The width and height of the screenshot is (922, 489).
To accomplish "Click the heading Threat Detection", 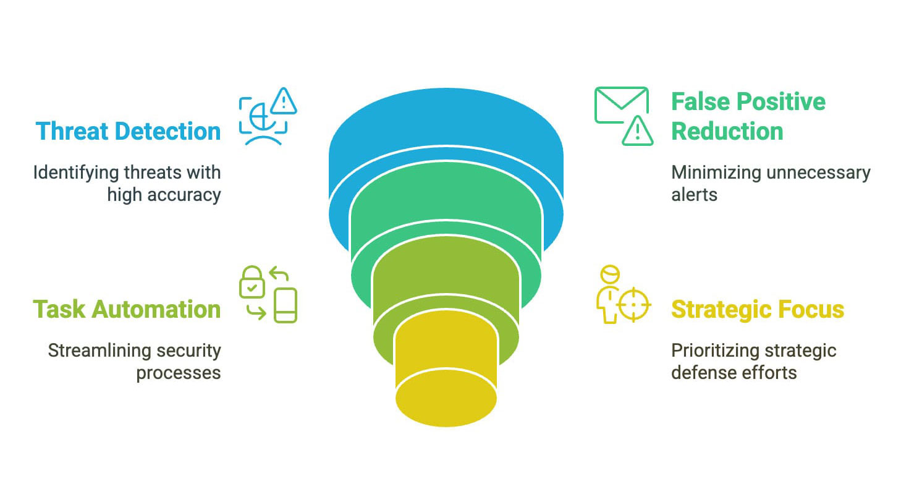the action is [128, 131].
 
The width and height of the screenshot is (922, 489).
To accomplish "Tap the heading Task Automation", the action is [127, 310].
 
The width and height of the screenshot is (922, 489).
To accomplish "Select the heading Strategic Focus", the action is [758, 310].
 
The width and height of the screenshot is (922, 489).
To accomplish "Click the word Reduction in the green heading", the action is [727, 131].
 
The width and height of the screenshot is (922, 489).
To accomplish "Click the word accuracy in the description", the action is [184, 195].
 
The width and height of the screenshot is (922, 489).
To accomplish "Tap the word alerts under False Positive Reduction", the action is [694, 195].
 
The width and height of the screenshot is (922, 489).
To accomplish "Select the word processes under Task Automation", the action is [179, 373].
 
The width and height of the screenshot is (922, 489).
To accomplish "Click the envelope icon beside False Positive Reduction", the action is [622, 105].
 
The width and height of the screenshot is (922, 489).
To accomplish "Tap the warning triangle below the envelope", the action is [637, 131].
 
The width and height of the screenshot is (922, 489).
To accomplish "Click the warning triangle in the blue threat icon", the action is [284, 101].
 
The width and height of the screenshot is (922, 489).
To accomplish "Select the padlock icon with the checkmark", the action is [252, 282].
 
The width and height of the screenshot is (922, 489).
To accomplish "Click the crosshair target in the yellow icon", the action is [634, 305].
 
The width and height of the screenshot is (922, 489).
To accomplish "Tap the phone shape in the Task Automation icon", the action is [285, 305].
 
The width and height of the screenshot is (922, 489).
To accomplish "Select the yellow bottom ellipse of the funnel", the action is [446, 398].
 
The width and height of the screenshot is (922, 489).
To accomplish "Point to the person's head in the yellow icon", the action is [609, 274].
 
